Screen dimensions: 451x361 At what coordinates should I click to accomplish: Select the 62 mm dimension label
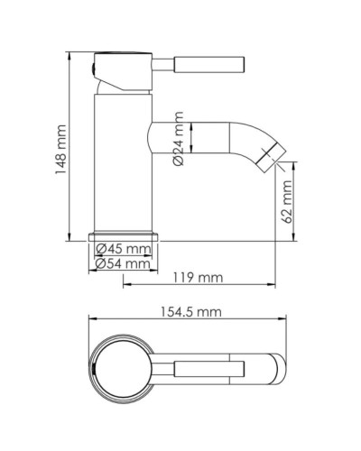tap(287, 203)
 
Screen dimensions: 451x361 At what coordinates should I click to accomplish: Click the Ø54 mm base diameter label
tap(124, 263)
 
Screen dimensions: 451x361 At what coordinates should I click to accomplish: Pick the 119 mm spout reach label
tap(197, 279)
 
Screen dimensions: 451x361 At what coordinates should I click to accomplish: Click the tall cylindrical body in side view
tap(119, 162)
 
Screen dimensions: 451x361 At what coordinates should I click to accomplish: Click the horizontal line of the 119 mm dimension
tap(199, 288)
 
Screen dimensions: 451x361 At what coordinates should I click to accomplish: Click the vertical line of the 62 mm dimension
tap(295, 203)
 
